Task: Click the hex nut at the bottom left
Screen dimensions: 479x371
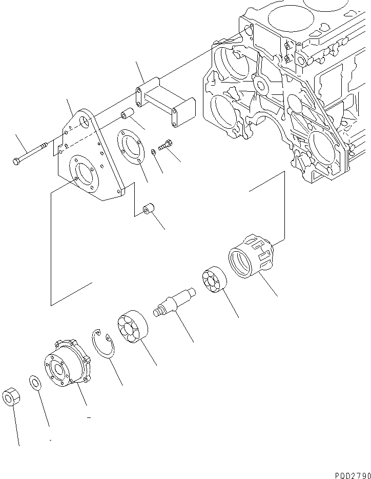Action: point(11,397)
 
